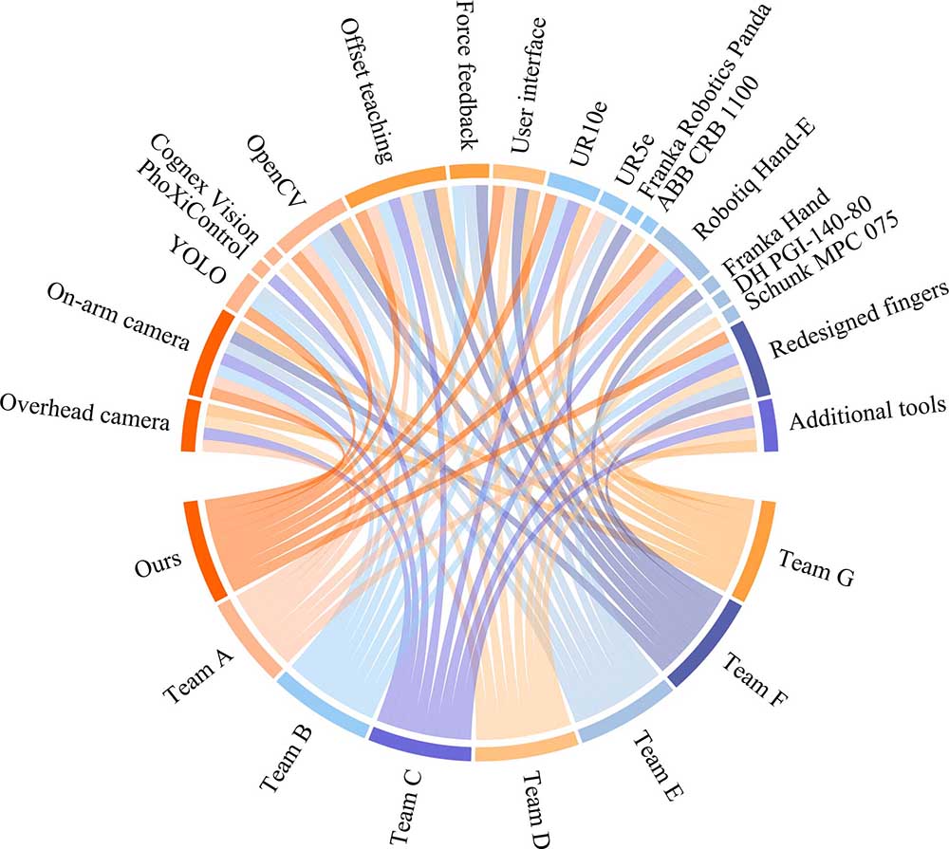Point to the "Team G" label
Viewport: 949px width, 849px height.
tap(815, 565)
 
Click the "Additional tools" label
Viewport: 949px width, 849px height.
tap(867, 409)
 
